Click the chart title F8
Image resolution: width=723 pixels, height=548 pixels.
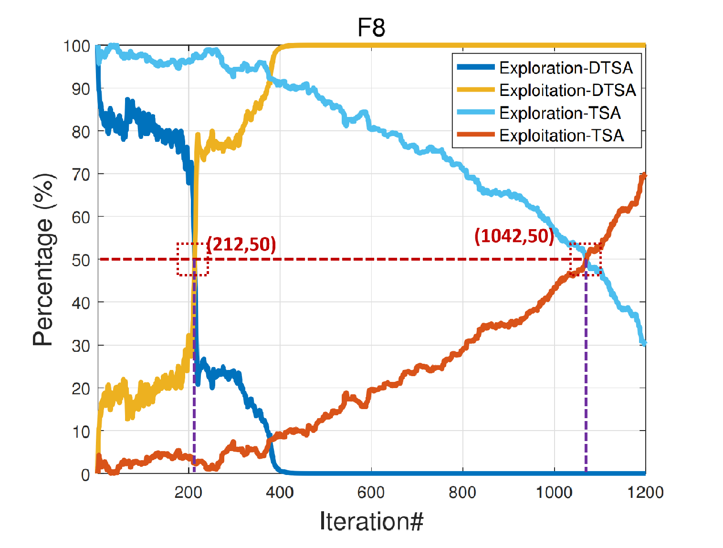(371, 28)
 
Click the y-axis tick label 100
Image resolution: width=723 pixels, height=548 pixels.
(76, 46)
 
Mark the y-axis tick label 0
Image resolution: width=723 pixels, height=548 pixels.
(85, 474)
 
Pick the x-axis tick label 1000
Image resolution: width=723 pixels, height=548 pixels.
(554, 492)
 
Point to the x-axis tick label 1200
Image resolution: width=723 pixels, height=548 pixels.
(645, 492)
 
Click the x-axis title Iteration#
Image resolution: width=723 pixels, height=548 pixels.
(371, 521)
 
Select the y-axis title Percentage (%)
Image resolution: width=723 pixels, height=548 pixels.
(43, 260)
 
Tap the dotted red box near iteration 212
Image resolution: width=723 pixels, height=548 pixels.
(193, 259)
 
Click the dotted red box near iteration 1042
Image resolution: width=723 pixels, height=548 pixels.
(585, 259)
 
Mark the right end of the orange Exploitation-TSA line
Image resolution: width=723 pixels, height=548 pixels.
(645, 175)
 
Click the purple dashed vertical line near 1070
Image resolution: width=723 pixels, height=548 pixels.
(586, 382)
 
